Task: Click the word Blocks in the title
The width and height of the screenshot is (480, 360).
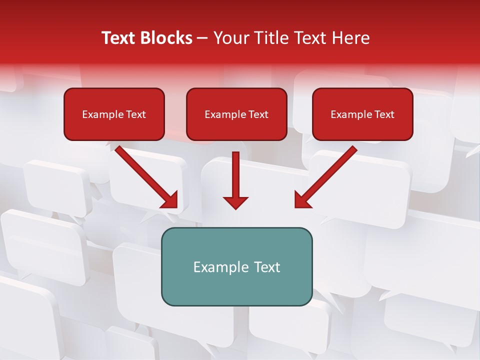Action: click(167, 38)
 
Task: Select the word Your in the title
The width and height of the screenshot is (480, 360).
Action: click(229, 38)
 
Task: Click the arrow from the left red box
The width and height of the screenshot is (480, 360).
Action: click(145, 176)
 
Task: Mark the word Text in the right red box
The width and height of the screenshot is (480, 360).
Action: click(384, 114)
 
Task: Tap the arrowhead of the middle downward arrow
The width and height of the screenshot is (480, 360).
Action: click(235, 202)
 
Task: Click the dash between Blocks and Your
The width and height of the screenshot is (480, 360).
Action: click(202, 38)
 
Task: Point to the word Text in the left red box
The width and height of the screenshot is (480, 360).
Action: click(136, 114)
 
